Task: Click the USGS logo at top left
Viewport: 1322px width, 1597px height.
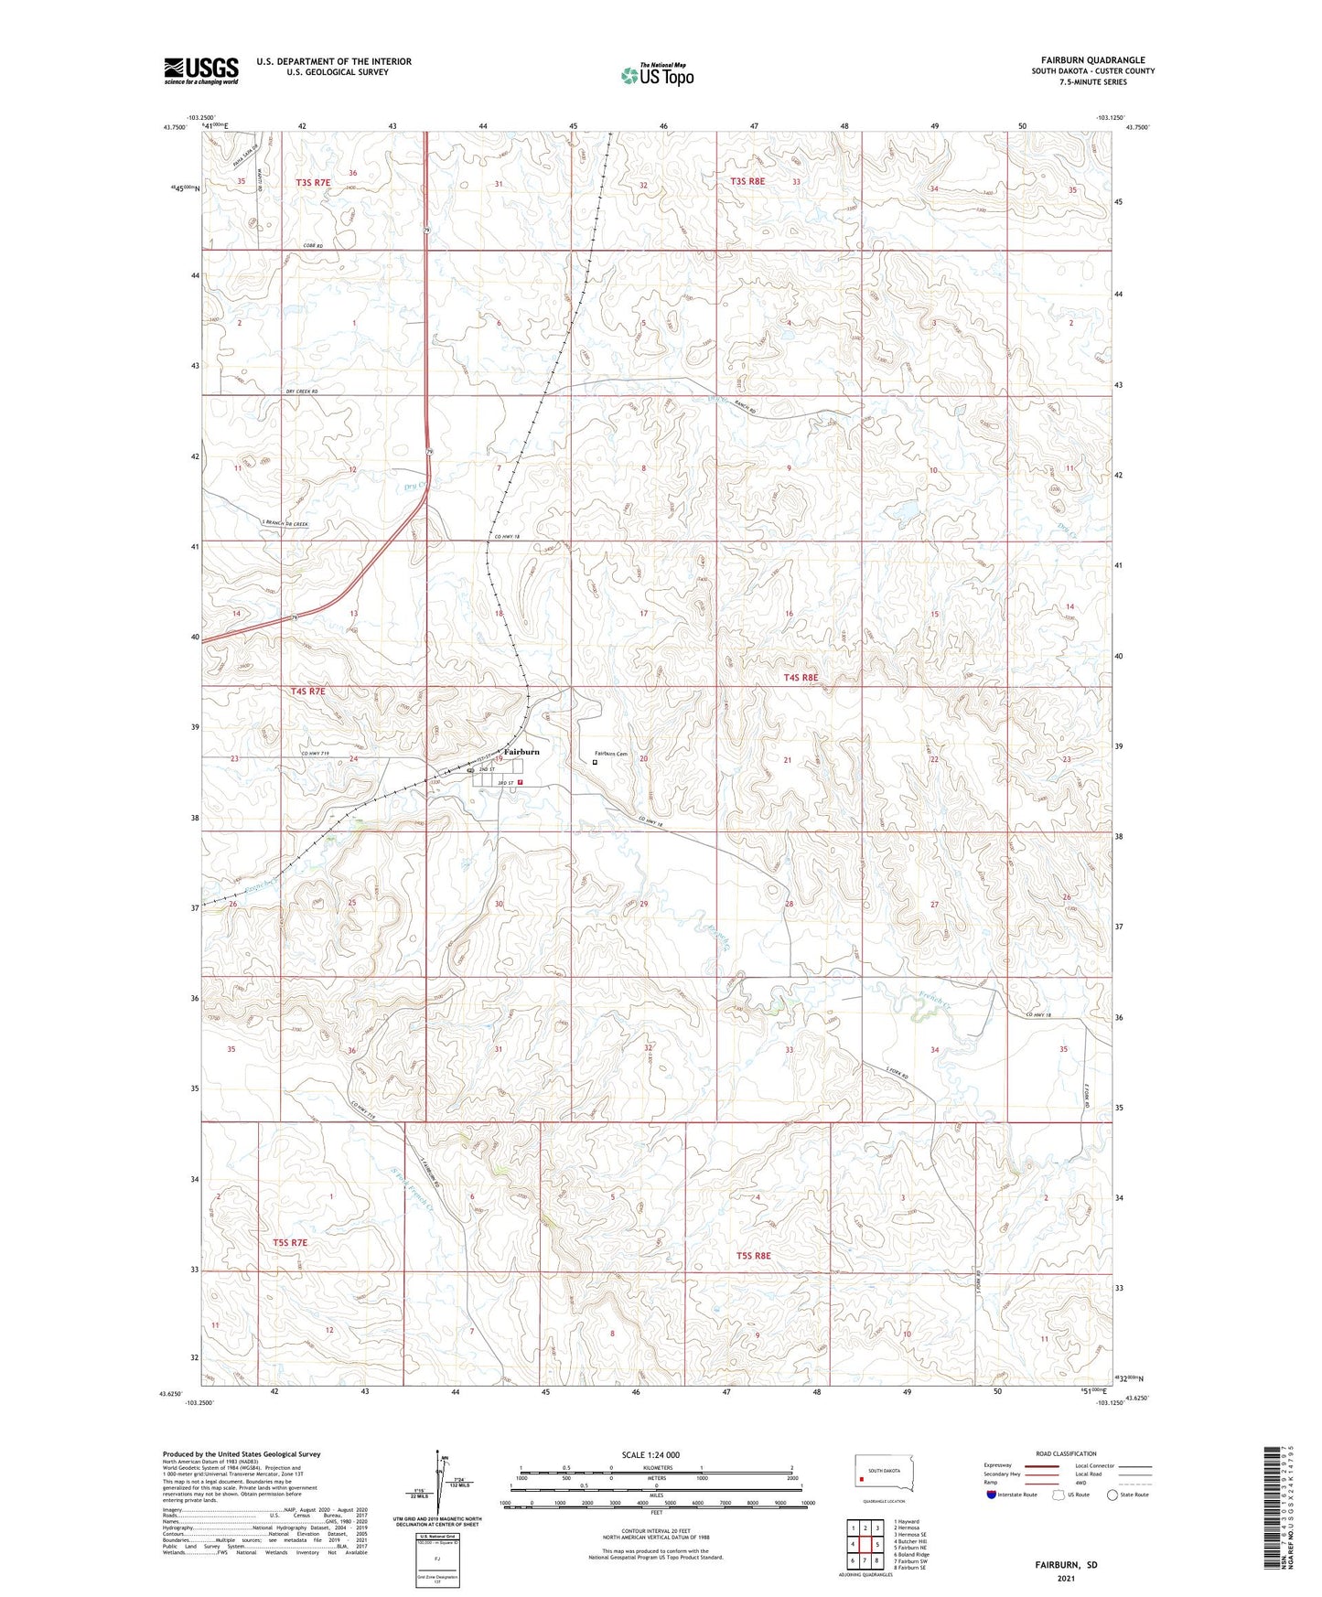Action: tap(200, 70)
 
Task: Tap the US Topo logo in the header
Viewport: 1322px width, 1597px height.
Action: tap(656, 75)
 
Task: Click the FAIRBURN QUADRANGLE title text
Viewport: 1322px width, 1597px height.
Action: tap(1092, 60)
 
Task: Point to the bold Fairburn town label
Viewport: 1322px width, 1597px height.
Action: tap(521, 751)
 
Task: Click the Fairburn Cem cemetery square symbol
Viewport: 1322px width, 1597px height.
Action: tap(595, 762)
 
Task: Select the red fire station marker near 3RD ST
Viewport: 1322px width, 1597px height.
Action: tap(520, 783)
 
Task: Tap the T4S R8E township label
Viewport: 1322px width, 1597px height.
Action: tap(801, 678)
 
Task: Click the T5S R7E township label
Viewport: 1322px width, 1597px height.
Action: tap(290, 1243)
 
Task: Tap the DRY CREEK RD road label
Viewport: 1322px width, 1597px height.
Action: tap(301, 392)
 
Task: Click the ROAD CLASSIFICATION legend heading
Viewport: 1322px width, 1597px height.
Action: tap(1066, 1453)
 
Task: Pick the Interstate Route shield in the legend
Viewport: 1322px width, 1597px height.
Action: tap(992, 1495)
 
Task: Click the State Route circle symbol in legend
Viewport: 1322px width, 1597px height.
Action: tap(1112, 1495)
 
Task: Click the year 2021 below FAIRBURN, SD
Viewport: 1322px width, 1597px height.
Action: tap(1066, 1578)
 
